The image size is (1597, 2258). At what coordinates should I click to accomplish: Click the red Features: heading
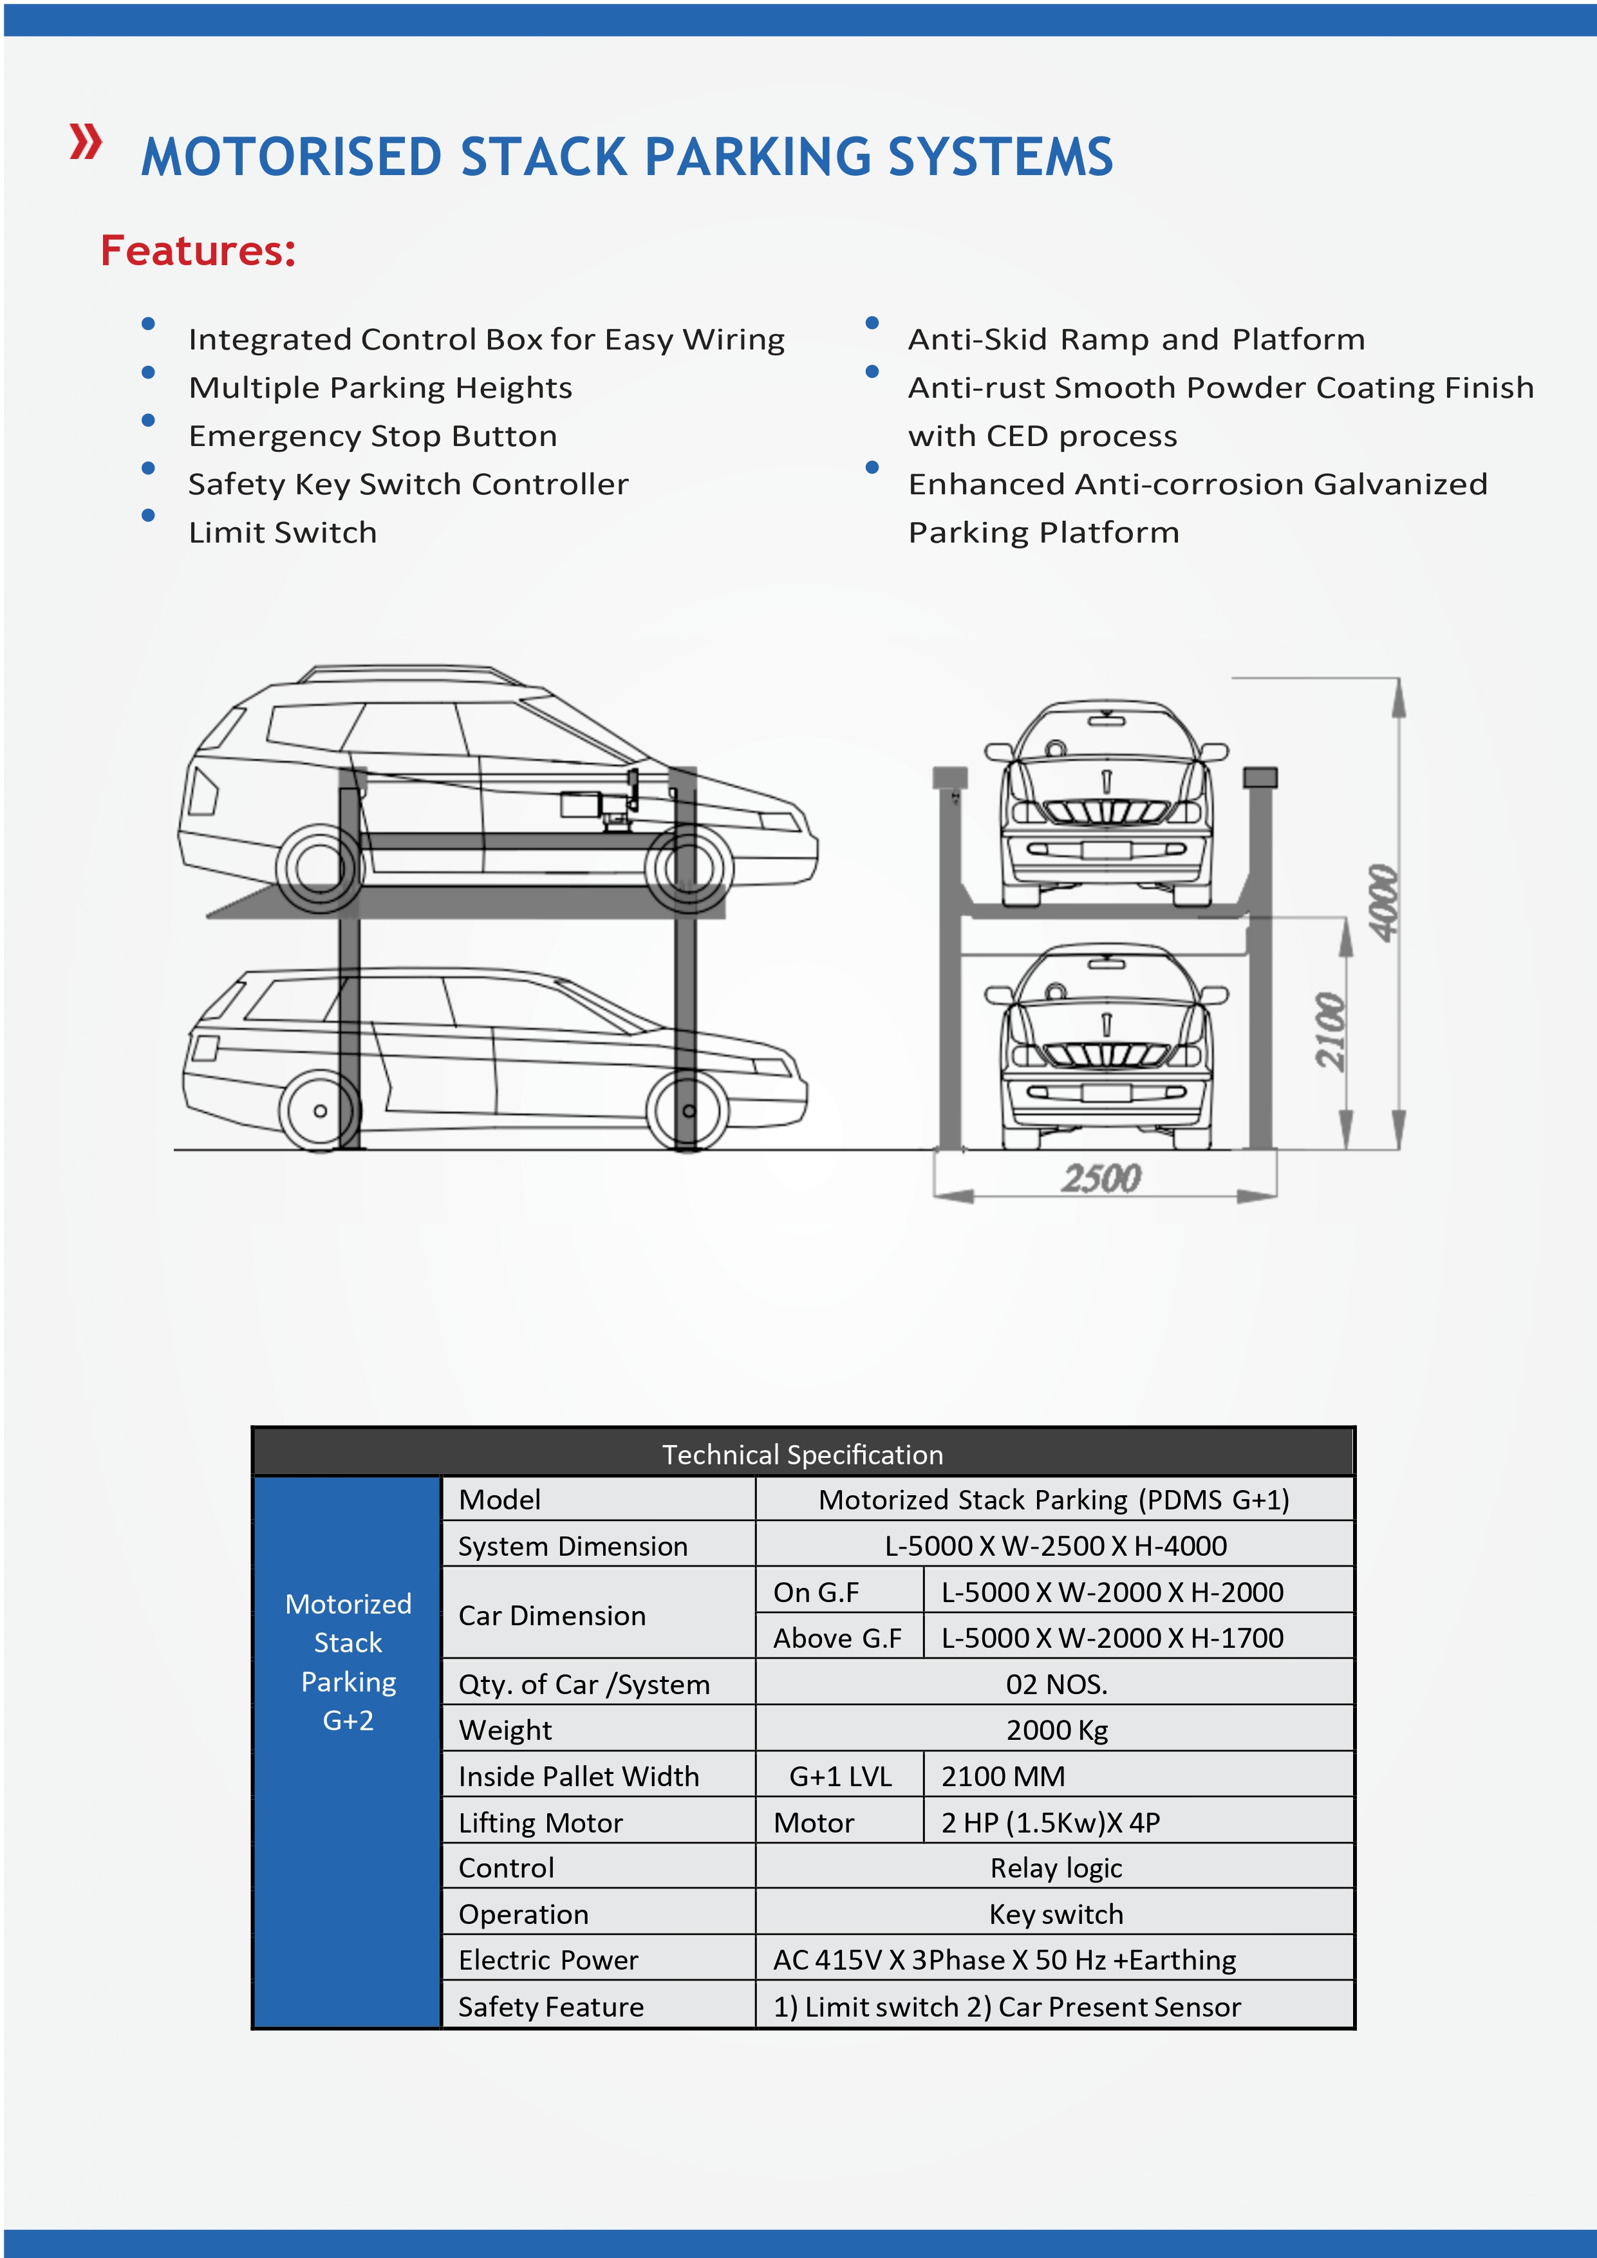(x=198, y=251)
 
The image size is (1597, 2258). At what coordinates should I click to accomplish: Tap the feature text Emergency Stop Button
(x=373, y=436)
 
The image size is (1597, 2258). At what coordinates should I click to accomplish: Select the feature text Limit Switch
(x=282, y=532)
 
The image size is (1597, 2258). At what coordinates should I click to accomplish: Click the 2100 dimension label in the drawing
(x=1329, y=1030)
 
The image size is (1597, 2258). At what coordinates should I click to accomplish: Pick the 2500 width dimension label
(x=1101, y=1177)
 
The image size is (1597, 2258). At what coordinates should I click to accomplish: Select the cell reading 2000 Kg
(x=1056, y=1730)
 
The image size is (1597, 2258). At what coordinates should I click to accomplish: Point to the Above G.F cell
(x=837, y=1638)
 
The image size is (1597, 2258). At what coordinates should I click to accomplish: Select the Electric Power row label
(x=548, y=1960)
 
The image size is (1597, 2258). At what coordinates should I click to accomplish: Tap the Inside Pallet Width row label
(x=578, y=1776)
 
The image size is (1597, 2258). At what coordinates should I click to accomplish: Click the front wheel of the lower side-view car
(x=688, y=1110)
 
